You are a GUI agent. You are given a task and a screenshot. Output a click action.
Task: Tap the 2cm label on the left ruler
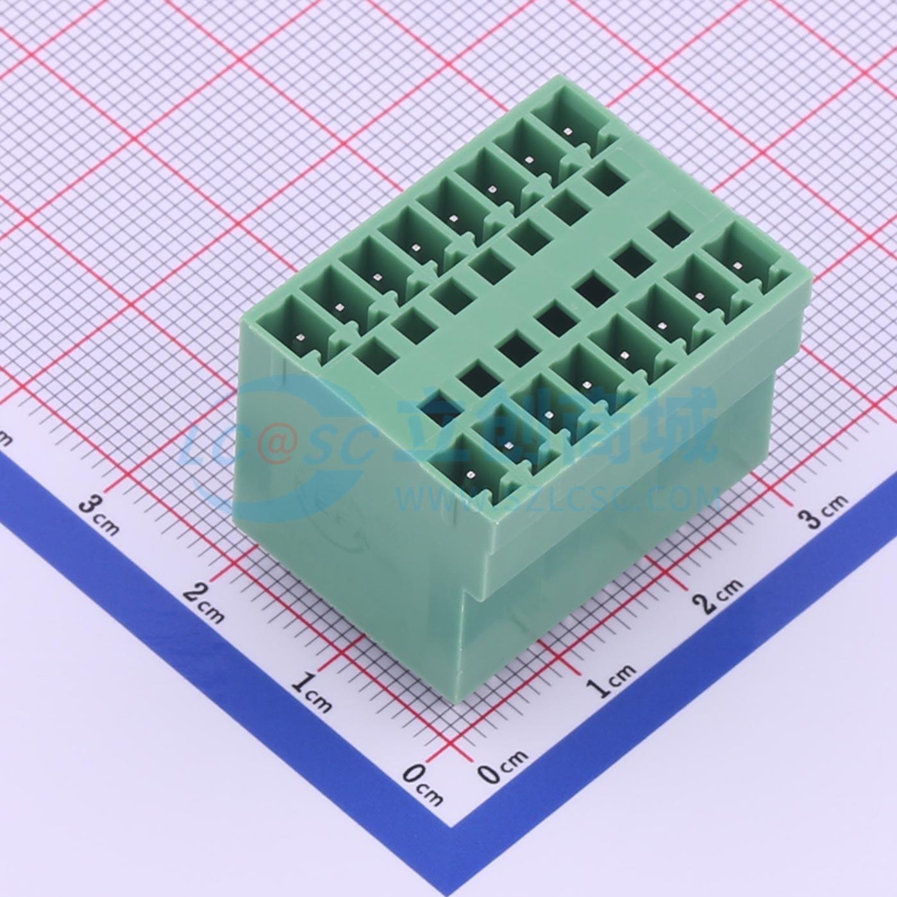pos(203,604)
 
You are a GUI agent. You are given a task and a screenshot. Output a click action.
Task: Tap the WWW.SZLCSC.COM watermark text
pos(558,499)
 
